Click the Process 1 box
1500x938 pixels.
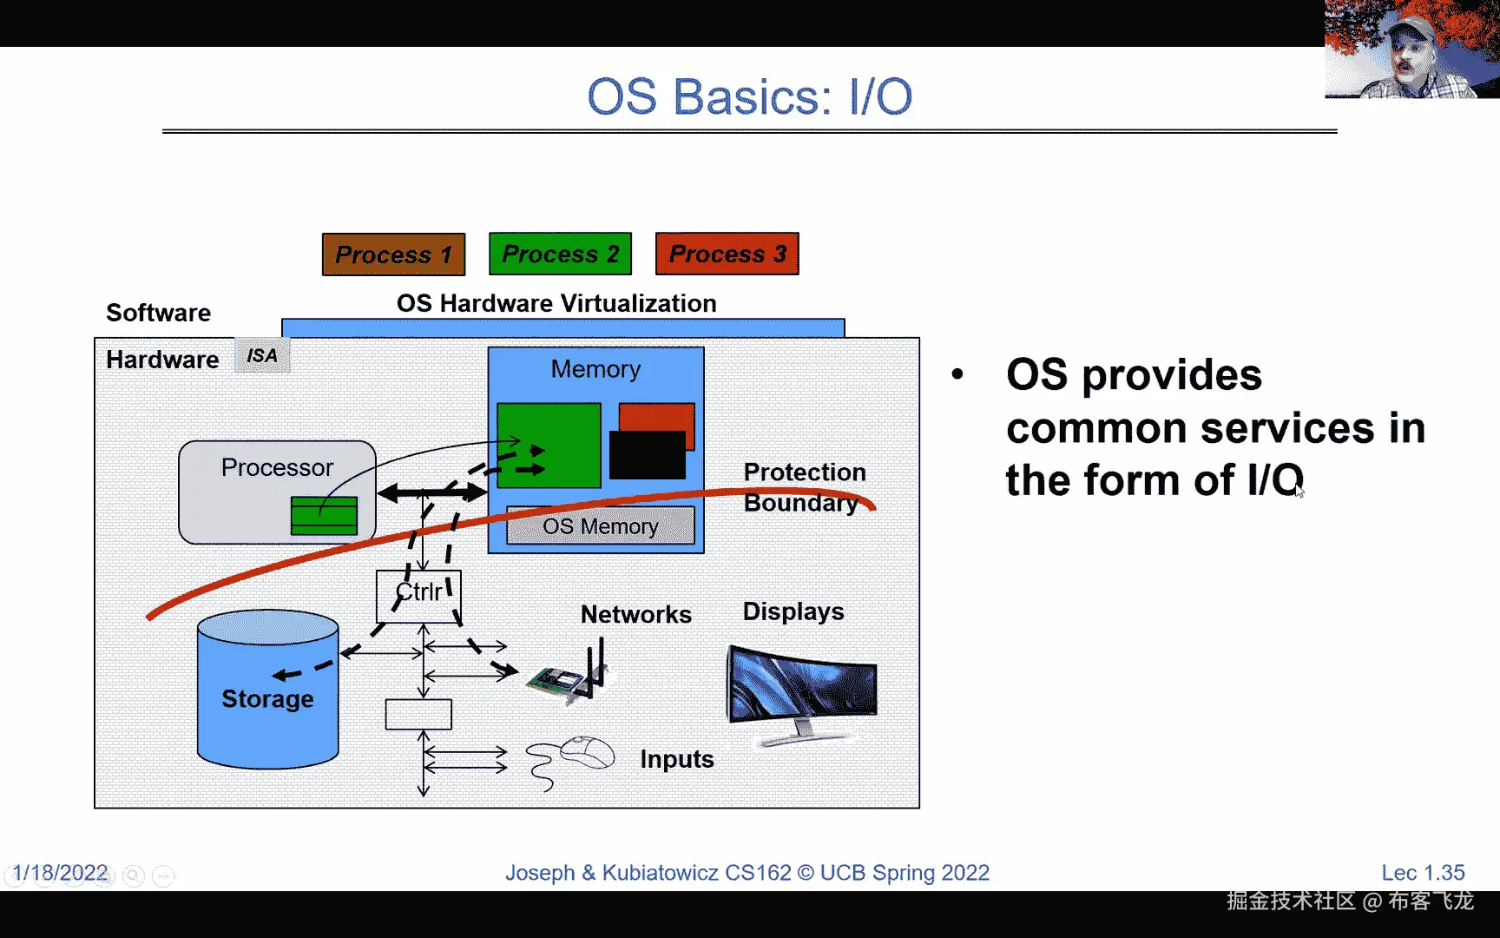[393, 254]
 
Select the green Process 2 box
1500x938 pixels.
[560, 254]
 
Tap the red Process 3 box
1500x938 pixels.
[727, 254]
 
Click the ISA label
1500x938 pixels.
[262, 356]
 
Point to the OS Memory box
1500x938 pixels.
[600, 526]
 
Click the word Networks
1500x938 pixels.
[635, 614]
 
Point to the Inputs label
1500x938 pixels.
[676, 759]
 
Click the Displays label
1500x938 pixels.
[793, 611]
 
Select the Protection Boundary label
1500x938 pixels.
[804, 487]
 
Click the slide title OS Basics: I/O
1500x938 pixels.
[749, 96]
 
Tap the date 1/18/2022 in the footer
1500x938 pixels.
[60, 873]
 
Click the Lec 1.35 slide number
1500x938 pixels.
[1423, 873]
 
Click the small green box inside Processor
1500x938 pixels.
[324, 516]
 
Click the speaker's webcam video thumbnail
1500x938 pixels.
[1411, 50]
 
